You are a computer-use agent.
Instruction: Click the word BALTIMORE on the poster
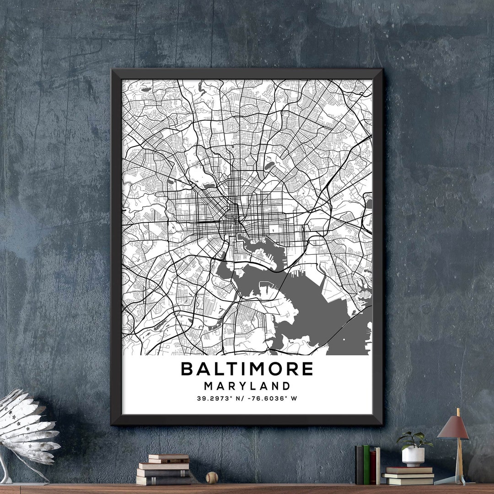coord(247,369)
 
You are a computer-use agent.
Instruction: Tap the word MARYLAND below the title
coord(247,386)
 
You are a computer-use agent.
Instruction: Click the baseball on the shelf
coord(212,478)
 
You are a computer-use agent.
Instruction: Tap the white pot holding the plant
coord(413,456)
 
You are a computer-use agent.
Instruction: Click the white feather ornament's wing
coord(27,425)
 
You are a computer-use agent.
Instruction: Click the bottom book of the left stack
coord(163,480)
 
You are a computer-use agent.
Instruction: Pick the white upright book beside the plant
coord(378,466)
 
